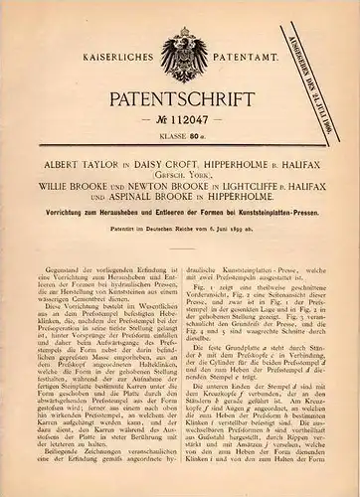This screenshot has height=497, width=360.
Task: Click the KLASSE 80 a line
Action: coord(179,138)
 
